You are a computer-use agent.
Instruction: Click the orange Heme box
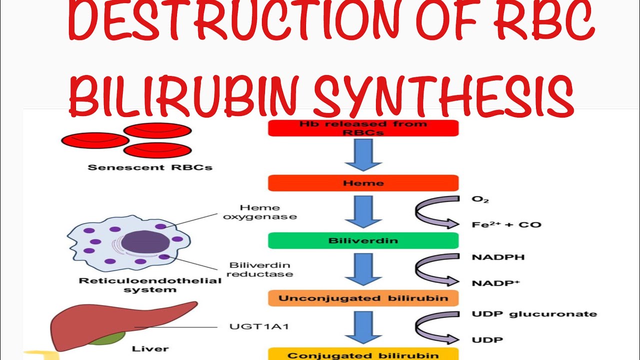point(363,183)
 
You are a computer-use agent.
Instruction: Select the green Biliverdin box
point(363,240)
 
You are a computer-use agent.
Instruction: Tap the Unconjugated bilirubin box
point(363,298)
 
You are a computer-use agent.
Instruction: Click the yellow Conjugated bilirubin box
point(363,354)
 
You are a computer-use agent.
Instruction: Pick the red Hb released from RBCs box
point(363,128)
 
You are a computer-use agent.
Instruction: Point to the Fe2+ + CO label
point(506,224)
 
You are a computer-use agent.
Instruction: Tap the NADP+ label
point(495,283)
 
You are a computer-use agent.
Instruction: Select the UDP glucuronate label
point(534,314)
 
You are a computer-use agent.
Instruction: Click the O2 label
point(480,199)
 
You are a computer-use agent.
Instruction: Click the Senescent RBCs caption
point(149,167)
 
